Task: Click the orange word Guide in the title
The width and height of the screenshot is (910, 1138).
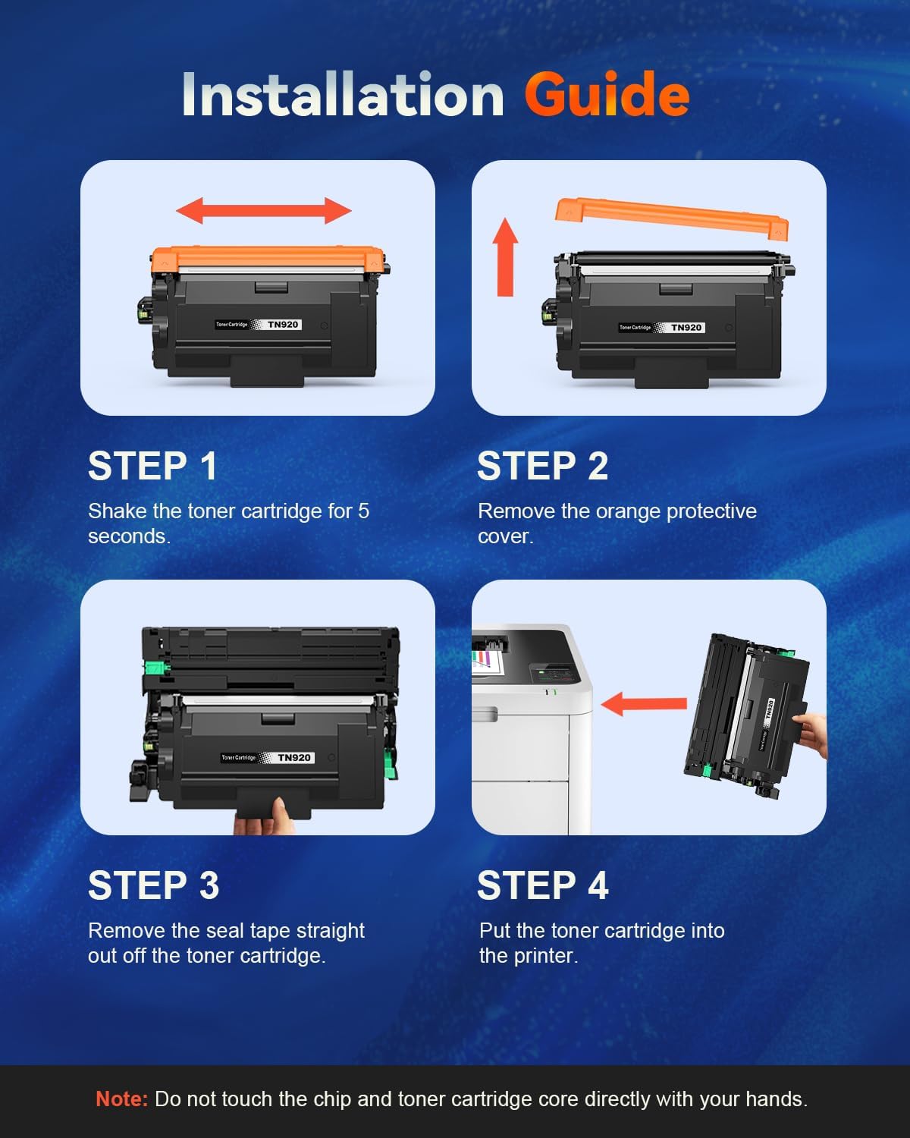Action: (x=606, y=95)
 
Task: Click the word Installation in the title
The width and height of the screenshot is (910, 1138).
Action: (x=343, y=95)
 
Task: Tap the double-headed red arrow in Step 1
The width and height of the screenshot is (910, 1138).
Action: (x=263, y=210)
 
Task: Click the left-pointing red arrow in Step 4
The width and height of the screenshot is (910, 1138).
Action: (x=644, y=703)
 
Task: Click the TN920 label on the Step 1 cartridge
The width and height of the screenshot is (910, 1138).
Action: (x=283, y=325)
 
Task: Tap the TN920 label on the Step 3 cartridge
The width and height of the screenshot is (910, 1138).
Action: (x=293, y=758)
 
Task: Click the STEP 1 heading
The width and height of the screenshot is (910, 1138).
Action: (x=152, y=466)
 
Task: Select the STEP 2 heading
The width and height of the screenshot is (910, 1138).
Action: (x=542, y=466)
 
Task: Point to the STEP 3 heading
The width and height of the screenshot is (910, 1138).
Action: (x=153, y=885)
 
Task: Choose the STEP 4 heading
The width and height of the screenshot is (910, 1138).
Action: (x=542, y=885)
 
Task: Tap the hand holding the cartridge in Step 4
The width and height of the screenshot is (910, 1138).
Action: (x=813, y=733)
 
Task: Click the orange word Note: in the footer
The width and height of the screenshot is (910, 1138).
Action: (x=121, y=1099)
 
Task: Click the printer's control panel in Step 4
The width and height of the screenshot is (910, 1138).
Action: (x=550, y=672)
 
